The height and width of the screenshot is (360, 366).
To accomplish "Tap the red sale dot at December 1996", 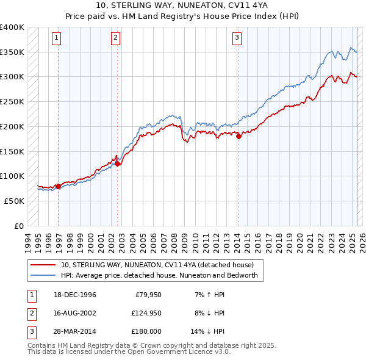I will pyautogui.click(x=59, y=186).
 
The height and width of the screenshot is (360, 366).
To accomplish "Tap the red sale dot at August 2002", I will pyautogui.click(x=118, y=164).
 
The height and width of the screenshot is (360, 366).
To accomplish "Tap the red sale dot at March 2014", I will pyautogui.click(x=239, y=137).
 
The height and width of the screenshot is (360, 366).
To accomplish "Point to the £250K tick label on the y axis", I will pyautogui.click(x=12, y=101).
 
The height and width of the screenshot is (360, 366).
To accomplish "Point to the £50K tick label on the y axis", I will pyautogui.click(x=14, y=201).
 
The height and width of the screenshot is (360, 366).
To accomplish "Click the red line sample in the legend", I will pyautogui.click(x=43, y=265).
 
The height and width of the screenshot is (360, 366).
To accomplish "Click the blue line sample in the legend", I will pyautogui.click(x=43, y=275).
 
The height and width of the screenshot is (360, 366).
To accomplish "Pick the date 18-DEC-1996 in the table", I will pyautogui.click(x=75, y=295).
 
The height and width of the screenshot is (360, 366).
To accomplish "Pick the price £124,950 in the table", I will pyautogui.click(x=145, y=313).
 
